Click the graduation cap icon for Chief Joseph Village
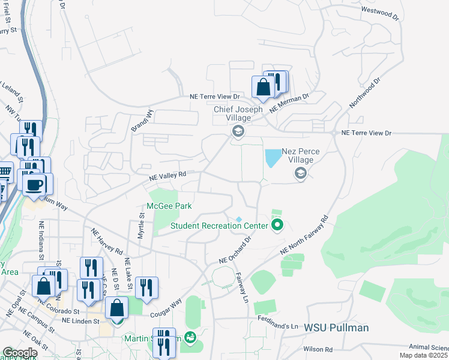point(238,131)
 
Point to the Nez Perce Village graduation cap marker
point(300,173)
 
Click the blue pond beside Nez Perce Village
point(273,158)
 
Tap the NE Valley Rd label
point(168,175)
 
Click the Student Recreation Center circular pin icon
point(277,226)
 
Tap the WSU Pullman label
point(336,328)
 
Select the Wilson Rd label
point(318,349)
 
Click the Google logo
point(20,353)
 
